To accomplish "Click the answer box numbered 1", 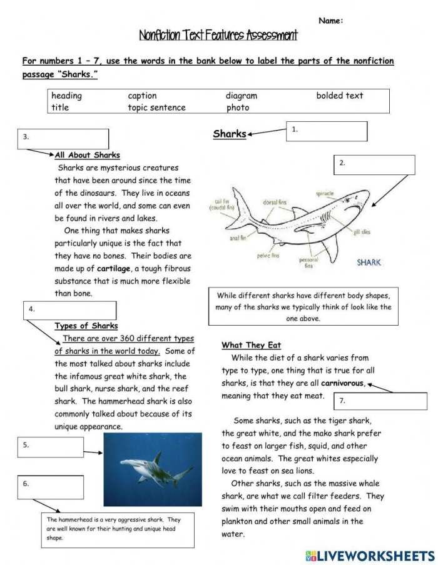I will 327,131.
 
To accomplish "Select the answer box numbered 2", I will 375,164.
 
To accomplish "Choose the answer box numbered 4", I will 71,311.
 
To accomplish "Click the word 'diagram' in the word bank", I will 242,96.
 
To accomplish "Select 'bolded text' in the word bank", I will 339,96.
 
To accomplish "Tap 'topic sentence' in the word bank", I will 156,107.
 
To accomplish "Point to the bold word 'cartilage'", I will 114,269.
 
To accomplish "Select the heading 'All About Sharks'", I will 88,155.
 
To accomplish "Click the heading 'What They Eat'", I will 251,345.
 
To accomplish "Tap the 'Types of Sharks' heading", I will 86,326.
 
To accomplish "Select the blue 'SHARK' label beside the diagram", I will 369,262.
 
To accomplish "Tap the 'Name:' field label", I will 331,21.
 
